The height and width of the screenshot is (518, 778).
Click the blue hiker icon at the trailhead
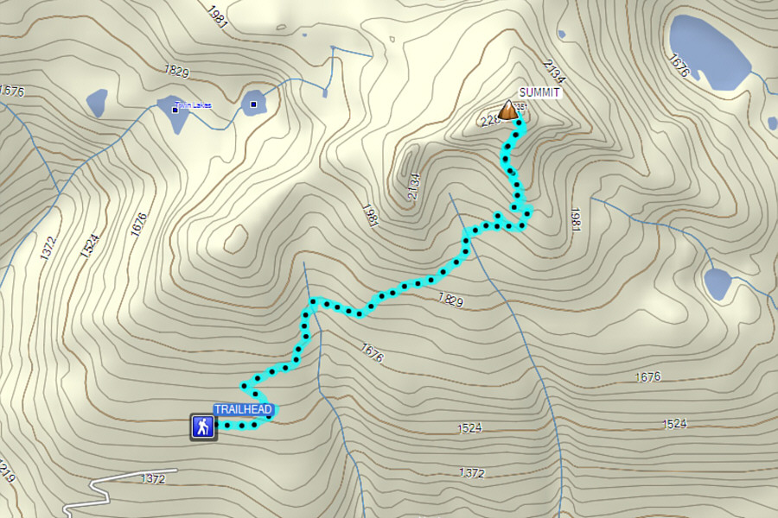point(203,426)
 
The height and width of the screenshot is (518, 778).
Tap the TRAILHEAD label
point(244,409)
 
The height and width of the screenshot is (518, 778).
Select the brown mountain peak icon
point(509,110)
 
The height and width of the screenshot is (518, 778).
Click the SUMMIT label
point(539,92)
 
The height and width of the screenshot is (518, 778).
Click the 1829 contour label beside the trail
point(450,300)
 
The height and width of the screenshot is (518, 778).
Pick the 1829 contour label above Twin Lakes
point(176,68)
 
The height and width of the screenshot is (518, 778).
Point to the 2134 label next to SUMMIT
point(553,69)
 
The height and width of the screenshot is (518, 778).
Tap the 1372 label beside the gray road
point(152,477)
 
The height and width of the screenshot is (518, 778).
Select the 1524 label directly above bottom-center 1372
point(471,427)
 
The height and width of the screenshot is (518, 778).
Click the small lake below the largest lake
point(717,283)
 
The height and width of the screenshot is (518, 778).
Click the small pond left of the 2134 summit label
point(563,35)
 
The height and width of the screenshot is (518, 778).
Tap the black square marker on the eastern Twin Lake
point(253,105)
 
